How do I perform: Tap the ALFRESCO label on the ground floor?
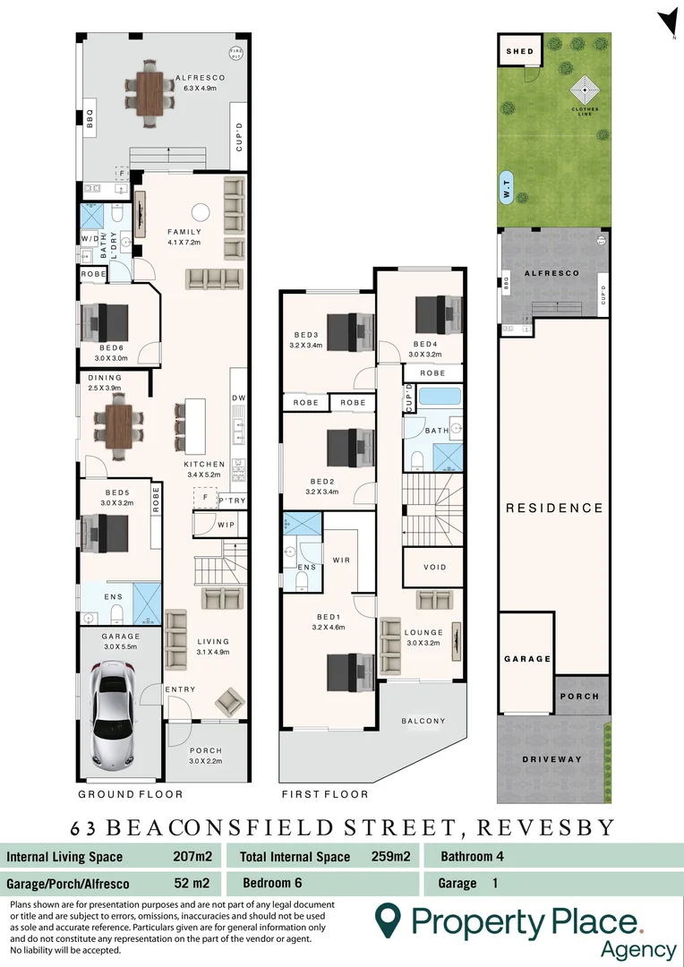pos(201,78)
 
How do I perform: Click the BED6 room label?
pos(111,347)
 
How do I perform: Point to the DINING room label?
pos(106,378)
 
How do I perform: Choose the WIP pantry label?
pos(227,525)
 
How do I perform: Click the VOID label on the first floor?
pos(433,568)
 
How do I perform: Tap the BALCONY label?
pos(424,721)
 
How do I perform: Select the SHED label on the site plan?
pos(520,51)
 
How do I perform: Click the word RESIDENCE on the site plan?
pos(554,508)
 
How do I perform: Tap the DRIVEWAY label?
pos(552,759)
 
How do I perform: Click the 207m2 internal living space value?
pos(192,857)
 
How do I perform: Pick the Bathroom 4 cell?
pos(472,856)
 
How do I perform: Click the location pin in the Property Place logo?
pos(387,921)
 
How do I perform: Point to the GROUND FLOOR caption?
pos(131,794)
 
